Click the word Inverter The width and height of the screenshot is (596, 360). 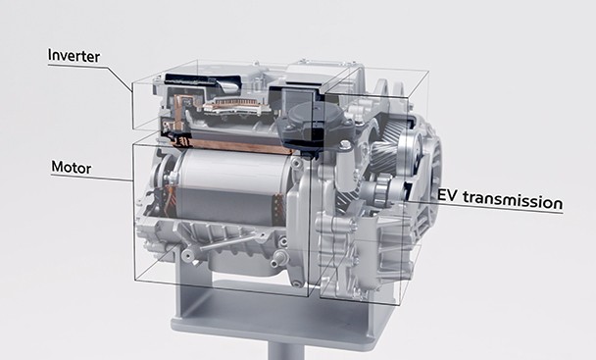(x=74, y=56)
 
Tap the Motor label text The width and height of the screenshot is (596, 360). (x=72, y=168)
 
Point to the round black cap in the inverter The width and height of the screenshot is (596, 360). (x=306, y=115)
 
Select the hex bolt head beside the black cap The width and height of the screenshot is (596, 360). (x=345, y=144)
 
